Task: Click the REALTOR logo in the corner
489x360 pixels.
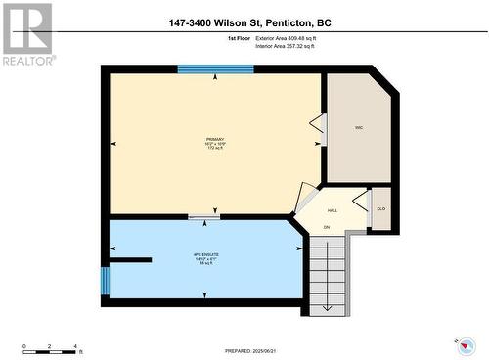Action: point(27,33)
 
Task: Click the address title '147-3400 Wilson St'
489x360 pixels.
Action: point(244,23)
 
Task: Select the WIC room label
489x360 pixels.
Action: point(360,127)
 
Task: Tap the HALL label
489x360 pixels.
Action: point(333,210)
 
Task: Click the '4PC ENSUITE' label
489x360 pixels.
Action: point(205,257)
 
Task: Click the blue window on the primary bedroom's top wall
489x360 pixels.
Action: point(215,69)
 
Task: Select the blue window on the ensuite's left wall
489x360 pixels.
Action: point(105,281)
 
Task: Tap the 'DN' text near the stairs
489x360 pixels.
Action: point(328,228)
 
